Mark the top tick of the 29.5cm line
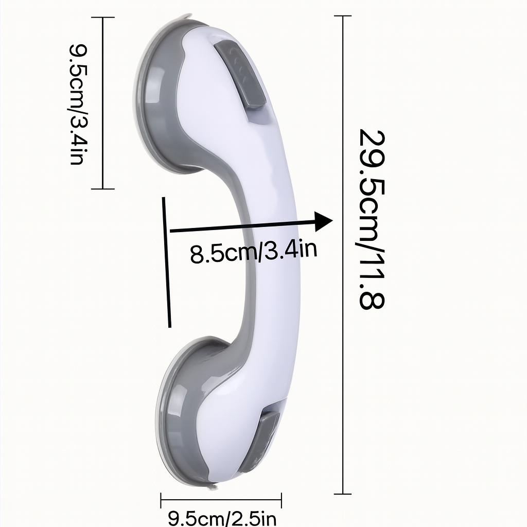343,16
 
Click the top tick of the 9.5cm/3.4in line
103,17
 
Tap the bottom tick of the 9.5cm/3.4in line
103,189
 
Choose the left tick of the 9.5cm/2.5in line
162,499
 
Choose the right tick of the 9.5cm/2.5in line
282,499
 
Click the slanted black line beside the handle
167,262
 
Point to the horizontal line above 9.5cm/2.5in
221,499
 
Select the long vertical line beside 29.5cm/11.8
343,257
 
